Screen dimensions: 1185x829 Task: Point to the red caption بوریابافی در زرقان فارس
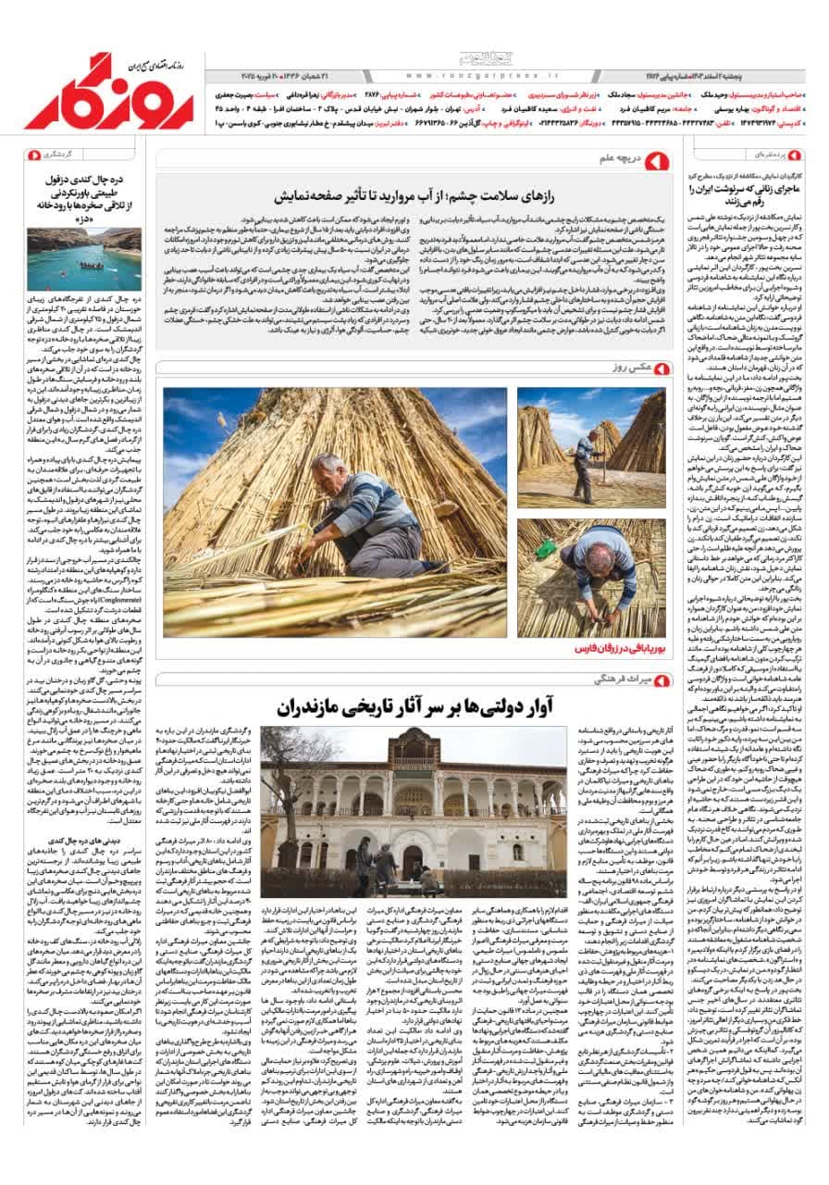coord(615,648)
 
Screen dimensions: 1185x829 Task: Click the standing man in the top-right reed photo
coord(585,463)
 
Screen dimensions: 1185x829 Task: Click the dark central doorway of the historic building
coord(412,862)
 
